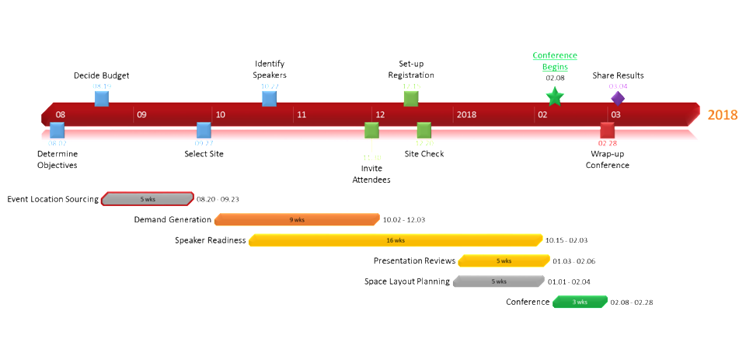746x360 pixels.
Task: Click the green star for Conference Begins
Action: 554,96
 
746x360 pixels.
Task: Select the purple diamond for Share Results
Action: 618,98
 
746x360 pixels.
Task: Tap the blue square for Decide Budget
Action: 102,98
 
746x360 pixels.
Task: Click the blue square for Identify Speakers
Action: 269,98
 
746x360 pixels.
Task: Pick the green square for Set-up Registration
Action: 411,98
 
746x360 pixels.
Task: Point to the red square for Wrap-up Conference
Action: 607,130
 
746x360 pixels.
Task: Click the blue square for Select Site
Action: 204,130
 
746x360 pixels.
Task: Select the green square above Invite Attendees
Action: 371,130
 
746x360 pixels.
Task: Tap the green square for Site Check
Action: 424,130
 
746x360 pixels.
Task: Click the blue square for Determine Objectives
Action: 57,130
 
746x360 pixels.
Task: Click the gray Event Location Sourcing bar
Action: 148,199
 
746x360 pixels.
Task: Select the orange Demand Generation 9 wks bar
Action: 297,219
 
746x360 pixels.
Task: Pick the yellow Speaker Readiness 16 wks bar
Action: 396,240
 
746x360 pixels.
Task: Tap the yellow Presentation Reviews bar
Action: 504,260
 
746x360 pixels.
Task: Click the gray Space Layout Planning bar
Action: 499,281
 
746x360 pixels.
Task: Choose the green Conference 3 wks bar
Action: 580,302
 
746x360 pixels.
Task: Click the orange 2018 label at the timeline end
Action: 722,115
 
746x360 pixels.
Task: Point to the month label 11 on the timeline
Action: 302,115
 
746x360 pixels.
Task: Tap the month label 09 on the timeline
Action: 141,115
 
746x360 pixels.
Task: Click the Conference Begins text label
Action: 555,61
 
